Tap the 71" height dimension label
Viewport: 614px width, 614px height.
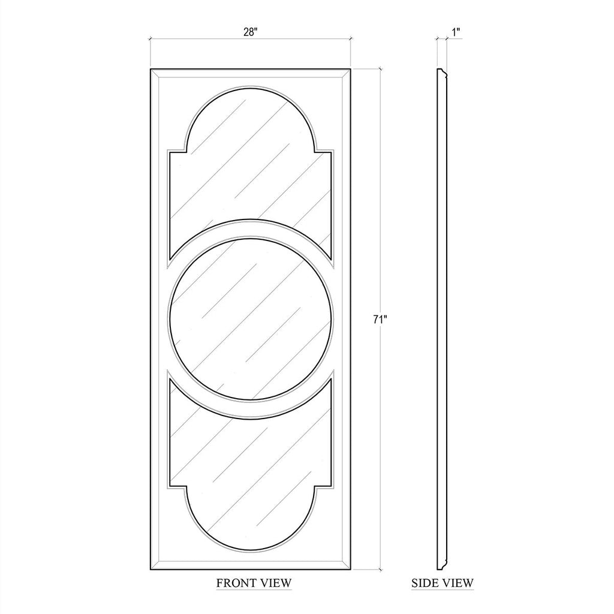pyautogui.click(x=380, y=320)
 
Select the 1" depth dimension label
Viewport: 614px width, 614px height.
pyautogui.click(x=456, y=32)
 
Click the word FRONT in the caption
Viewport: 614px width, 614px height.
pyautogui.click(x=234, y=583)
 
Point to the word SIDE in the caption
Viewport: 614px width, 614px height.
pyautogui.click(x=425, y=583)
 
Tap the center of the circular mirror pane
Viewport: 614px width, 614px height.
pyautogui.click(x=251, y=318)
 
